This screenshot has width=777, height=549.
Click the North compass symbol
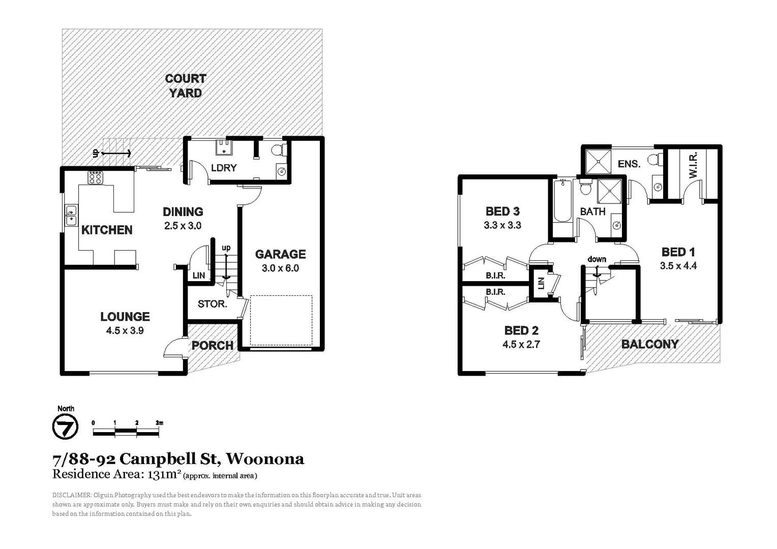click(x=66, y=426)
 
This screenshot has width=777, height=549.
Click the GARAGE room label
click(x=280, y=254)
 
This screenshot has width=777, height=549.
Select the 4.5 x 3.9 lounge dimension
click(x=125, y=330)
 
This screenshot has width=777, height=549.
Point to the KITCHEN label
click(x=107, y=230)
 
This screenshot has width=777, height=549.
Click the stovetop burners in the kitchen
click(x=96, y=177)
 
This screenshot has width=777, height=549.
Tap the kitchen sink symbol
click(x=71, y=215)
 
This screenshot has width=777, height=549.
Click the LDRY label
click(x=224, y=168)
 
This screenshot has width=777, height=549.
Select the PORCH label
click(x=213, y=346)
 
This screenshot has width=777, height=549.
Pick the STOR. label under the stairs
click(x=212, y=304)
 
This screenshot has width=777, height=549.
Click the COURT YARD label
click(x=186, y=86)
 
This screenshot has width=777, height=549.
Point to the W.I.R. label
click(x=693, y=165)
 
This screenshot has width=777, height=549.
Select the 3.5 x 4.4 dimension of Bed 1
click(x=678, y=265)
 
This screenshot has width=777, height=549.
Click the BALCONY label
click(x=650, y=344)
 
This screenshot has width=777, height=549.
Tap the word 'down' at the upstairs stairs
click(x=597, y=259)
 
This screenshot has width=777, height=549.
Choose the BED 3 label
click(x=502, y=211)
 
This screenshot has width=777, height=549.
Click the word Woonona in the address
click(x=265, y=459)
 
